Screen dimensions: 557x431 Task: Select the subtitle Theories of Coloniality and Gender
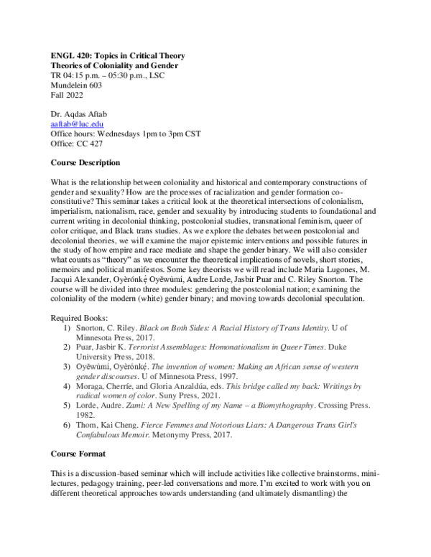[114, 66]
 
